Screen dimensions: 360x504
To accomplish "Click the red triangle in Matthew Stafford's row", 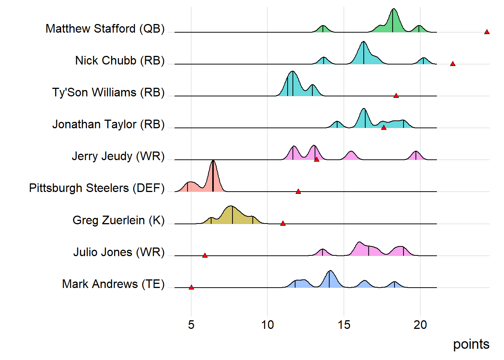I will click(487, 32).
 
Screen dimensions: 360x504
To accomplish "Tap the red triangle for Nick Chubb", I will click(453, 64).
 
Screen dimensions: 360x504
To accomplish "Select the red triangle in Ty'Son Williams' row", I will click(396, 96).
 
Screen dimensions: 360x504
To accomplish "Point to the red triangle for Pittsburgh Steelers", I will click(298, 192).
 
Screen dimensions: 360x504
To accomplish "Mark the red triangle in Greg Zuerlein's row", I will click(283, 223).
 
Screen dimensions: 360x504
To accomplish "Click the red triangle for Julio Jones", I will click(205, 255).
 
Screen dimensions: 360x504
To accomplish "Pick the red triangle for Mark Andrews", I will click(191, 287).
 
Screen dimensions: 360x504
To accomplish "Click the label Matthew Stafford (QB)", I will click(105, 28).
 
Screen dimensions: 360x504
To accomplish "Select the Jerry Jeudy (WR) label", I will click(118, 156).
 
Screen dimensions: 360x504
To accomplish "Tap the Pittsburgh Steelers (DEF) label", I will click(97, 188).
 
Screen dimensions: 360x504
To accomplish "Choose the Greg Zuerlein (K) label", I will click(118, 220).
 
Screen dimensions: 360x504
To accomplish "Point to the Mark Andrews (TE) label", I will click(113, 284).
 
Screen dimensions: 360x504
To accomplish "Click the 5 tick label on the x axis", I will click(191, 324).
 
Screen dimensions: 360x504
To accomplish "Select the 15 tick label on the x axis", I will click(344, 324).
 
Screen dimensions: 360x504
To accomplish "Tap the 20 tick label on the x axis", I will click(420, 324).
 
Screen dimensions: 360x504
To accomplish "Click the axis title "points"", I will click(471, 344).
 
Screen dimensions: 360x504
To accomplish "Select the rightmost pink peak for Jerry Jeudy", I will click(415, 155).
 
